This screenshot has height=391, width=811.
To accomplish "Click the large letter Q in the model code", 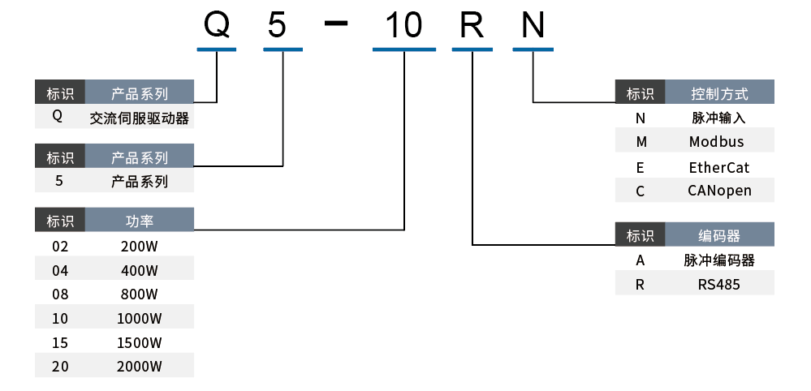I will pos(217,26).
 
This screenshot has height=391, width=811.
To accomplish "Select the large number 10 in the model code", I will pos(403,26).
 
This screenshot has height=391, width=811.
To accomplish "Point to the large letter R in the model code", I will pos(472,26).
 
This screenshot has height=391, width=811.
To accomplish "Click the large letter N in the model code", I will pos(533,26).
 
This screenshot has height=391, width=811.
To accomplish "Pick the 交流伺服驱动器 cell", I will pos(140,118).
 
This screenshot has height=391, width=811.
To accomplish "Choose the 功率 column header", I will pos(140,221).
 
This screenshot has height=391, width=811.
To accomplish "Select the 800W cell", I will pos(140,294).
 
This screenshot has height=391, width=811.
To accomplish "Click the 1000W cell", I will pos(140,318).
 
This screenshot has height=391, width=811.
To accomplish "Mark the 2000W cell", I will pos(140,366).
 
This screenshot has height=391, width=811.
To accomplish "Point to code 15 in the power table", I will pos(60,342).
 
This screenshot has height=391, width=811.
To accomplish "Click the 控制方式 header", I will pos(719,93).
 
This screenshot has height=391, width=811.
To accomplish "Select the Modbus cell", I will pos(716,142).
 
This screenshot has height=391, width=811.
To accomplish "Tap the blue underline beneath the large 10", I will pos(404,50).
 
